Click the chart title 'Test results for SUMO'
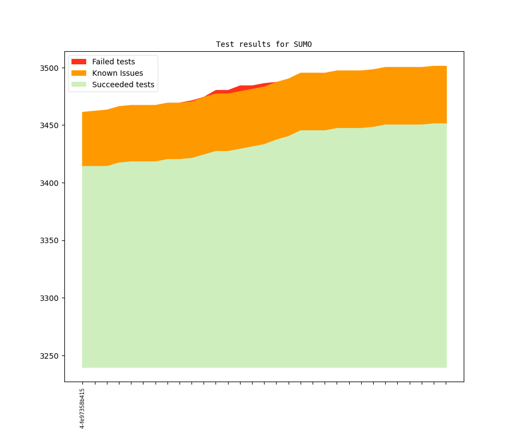pos(264,44)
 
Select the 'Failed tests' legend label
pos(113,62)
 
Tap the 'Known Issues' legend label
pos(117,73)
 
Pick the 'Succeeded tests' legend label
pos(123,84)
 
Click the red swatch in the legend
pos(79,62)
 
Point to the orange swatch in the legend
pos(79,73)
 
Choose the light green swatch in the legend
pos(79,84)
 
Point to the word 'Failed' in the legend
pos(103,62)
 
